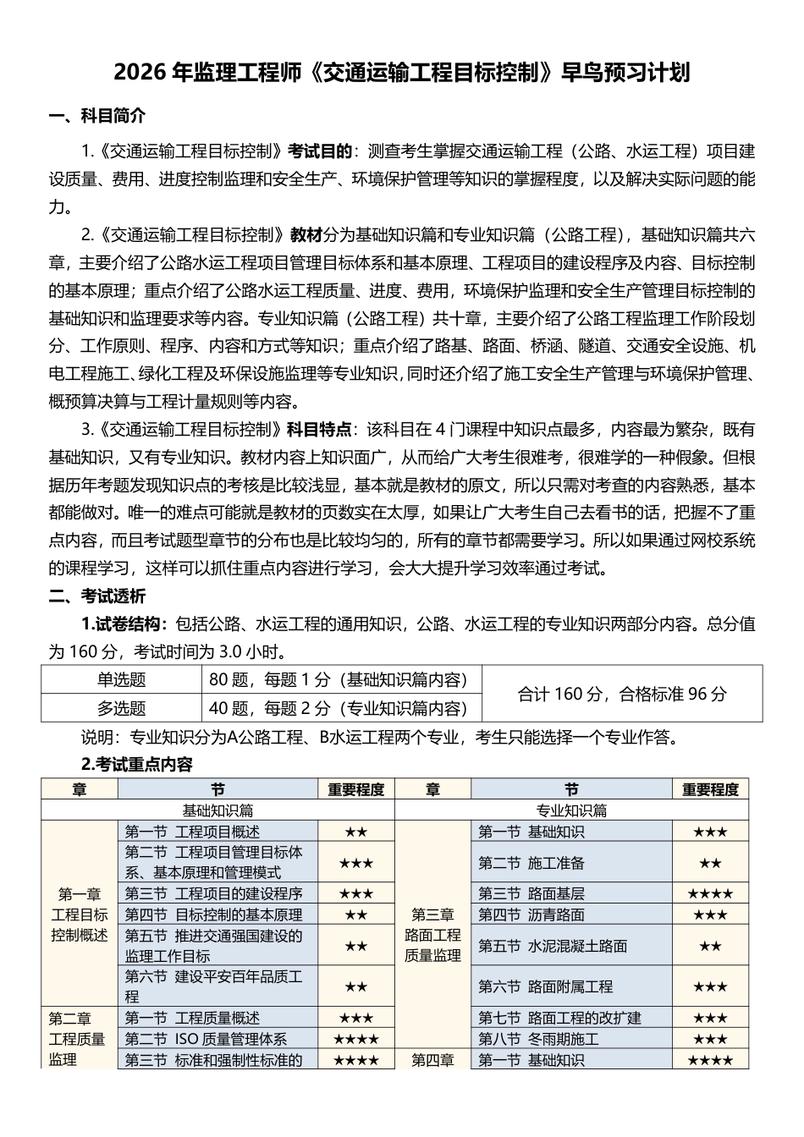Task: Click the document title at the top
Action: click(x=401, y=74)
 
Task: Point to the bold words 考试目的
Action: click(x=320, y=151)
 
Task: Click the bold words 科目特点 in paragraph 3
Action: click(x=320, y=430)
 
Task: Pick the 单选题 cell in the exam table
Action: click(x=121, y=679)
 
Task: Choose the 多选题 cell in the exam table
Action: click(x=121, y=708)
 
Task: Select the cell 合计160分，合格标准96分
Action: click(x=621, y=694)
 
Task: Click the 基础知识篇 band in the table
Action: click(x=218, y=810)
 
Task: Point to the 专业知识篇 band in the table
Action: click(x=572, y=810)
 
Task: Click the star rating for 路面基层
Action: click(x=710, y=893)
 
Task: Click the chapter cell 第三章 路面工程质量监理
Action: click(x=432, y=935)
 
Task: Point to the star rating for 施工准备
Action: click(x=710, y=863)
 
